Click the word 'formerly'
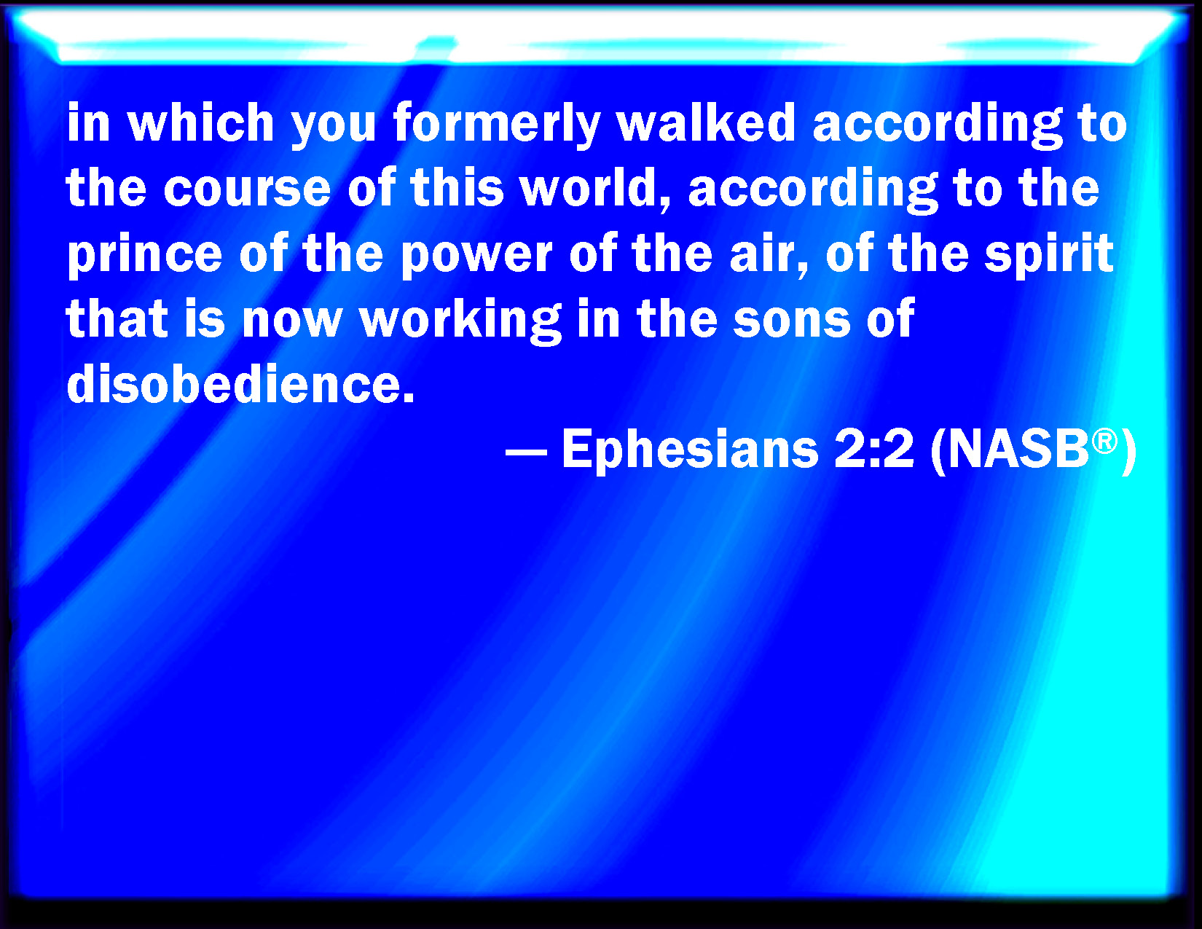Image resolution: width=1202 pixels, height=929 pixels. click(497, 125)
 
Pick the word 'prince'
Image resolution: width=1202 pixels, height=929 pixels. click(144, 256)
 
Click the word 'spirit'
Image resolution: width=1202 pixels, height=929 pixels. click(1049, 256)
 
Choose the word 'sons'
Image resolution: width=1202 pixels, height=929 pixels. click(792, 323)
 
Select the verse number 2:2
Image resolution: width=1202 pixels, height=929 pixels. click(874, 450)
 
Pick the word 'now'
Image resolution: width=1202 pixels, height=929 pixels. click(292, 323)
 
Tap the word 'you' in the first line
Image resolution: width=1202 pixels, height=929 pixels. click(334, 128)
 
